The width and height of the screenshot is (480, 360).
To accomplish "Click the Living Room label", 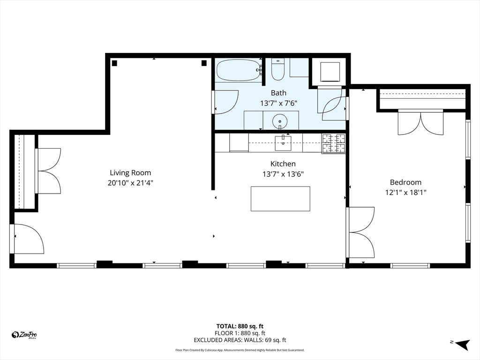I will tap(130, 172).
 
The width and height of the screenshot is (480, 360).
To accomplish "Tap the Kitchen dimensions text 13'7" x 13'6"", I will tap(283, 174).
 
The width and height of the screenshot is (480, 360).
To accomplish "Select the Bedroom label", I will tap(405, 182).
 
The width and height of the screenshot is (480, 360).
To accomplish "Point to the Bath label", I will tap(278, 93).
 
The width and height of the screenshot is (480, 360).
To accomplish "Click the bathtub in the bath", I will tap(238, 70).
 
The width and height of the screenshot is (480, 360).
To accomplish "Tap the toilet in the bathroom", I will tap(278, 70).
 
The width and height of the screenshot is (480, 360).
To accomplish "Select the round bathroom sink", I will tap(280, 120).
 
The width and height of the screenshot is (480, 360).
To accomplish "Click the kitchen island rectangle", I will tap(280, 199).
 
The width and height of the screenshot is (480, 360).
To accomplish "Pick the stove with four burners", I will tap(333, 143).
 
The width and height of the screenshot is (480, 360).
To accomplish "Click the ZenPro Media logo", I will tap(24, 335).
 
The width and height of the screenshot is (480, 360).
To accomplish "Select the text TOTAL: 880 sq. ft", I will tap(240, 326).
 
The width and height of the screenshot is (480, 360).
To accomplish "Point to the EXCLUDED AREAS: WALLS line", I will tap(240, 340).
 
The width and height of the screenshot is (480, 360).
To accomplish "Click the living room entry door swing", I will tap(28, 239).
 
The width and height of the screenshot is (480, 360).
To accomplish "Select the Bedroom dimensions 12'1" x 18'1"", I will tap(405, 192).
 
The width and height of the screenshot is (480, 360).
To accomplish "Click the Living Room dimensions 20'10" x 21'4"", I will tap(130, 183).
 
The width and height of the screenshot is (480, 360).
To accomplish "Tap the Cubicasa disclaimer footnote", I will tap(240, 350).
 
